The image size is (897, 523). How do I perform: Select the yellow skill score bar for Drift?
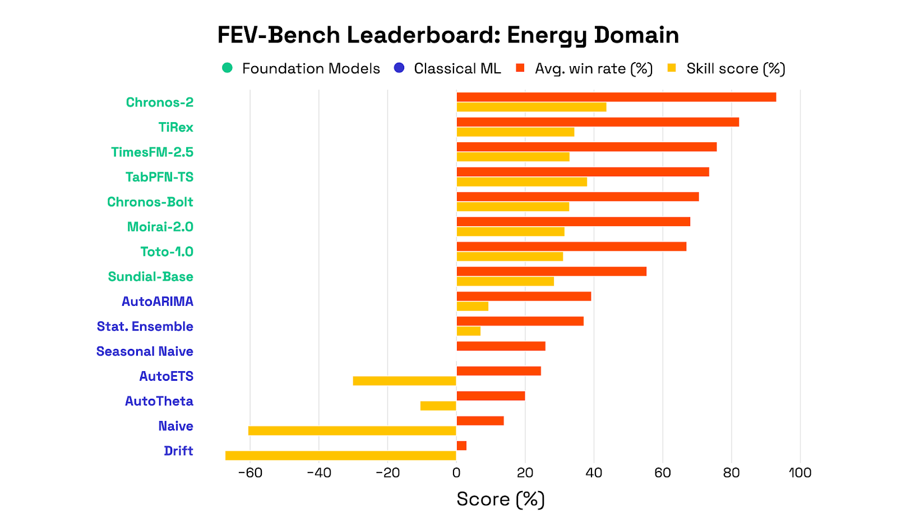point(340,456)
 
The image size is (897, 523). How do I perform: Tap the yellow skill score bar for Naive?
point(352,431)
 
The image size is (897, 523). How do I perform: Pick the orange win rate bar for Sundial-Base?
point(551,272)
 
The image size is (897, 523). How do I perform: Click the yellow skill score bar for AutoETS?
point(404,381)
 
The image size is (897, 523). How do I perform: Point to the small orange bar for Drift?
point(461,446)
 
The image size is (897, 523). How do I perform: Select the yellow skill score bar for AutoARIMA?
point(472,306)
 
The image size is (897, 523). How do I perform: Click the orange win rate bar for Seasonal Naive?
point(501,346)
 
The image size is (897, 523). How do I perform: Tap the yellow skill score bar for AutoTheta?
point(438,406)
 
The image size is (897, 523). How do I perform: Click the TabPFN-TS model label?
point(159,177)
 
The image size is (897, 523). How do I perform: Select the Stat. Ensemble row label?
point(145,326)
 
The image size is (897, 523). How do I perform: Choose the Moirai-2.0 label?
point(160,227)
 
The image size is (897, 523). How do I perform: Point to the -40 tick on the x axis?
point(319,473)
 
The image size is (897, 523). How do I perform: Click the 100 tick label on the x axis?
point(799,473)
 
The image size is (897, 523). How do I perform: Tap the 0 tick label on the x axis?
point(456,473)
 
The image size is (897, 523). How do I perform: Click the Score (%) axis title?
point(500,499)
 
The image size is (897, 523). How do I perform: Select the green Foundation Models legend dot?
point(227,68)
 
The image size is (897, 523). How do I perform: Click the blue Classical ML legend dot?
point(399,68)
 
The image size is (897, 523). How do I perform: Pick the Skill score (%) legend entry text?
point(735,69)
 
